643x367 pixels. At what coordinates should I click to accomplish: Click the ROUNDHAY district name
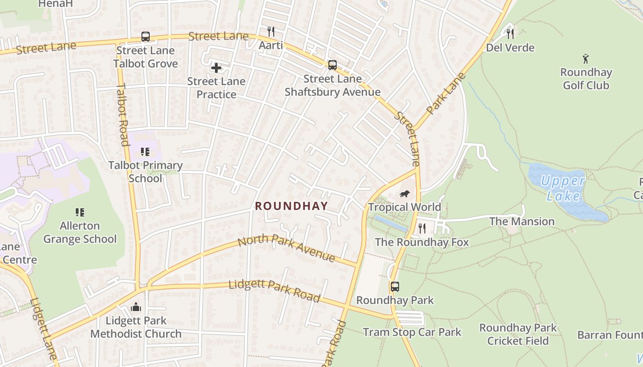292,206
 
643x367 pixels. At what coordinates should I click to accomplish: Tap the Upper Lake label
563,188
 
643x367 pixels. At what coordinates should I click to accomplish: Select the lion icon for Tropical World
405,194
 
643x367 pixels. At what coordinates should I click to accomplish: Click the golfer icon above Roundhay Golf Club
586,59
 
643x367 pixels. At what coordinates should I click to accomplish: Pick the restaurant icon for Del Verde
510,33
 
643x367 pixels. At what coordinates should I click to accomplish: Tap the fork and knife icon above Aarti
271,32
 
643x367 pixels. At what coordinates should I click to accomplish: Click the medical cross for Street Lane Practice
216,68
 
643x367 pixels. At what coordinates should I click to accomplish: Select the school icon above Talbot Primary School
145,152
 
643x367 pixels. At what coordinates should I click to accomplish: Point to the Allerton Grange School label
80,232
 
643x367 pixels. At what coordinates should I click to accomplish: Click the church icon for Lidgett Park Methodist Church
136,307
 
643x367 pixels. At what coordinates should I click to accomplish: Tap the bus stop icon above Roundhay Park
395,287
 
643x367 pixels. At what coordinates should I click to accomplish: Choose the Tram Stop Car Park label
412,332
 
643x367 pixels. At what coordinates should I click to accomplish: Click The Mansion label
522,222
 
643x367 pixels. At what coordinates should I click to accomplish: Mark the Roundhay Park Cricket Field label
518,334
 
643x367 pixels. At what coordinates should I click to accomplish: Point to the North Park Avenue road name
287,248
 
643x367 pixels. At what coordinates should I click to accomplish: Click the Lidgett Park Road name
274,290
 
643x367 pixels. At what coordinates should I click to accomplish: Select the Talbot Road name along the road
123,114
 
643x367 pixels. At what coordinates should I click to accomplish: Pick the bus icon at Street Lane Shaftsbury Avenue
332,65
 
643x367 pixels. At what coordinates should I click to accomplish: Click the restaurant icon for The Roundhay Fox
422,228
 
